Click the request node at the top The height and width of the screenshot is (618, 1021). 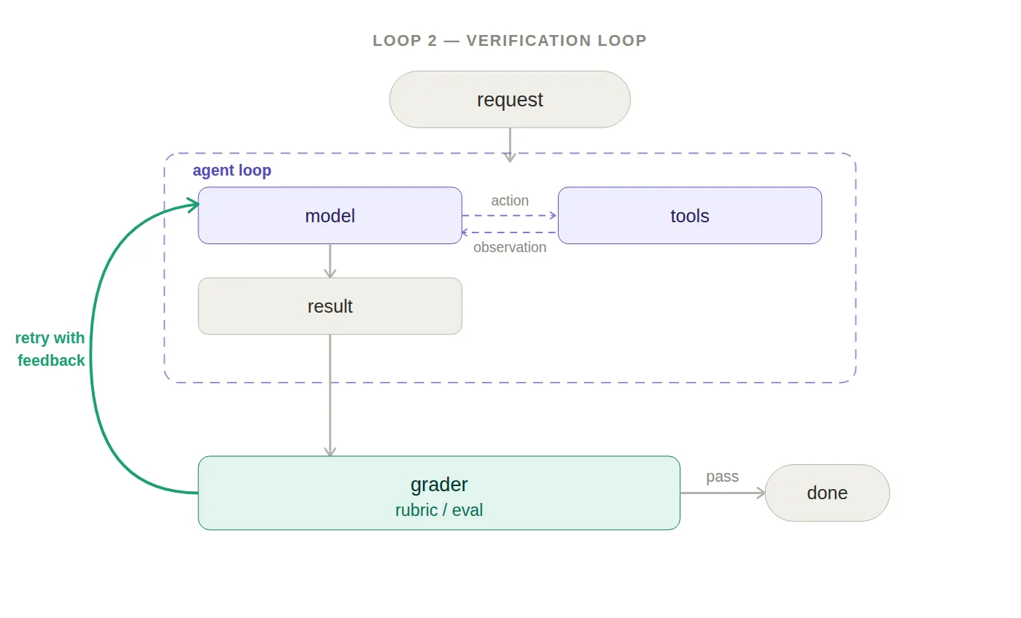(510, 99)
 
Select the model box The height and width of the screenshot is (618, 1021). (330, 216)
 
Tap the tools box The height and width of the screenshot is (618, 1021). (690, 216)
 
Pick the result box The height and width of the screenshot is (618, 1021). (330, 306)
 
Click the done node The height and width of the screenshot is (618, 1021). (827, 493)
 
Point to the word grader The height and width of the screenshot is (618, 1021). (439, 485)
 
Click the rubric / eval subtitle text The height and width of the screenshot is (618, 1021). (439, 510)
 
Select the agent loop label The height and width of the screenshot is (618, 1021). (232, 171)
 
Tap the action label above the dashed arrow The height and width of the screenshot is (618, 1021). (510, 200)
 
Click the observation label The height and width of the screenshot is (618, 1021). (510, 247)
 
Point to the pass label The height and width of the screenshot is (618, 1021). (723, 477)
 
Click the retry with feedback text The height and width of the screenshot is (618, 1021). (50, 349)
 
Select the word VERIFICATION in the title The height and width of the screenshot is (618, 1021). (529, 41)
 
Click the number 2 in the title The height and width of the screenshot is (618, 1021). (432, 41)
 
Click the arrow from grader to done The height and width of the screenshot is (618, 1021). (723, 493)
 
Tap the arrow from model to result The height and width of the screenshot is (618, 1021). (330, 260)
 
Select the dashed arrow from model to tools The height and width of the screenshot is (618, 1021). (510, 216)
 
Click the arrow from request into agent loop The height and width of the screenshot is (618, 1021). (510, 145)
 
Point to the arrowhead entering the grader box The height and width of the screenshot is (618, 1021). (330, 452)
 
